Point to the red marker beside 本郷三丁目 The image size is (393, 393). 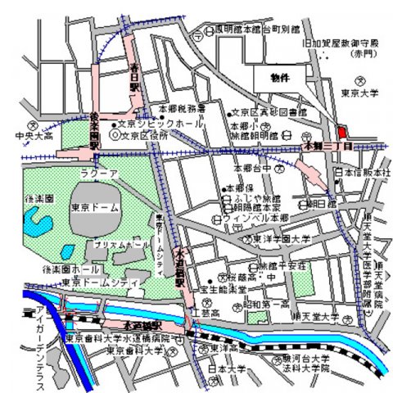341,130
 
